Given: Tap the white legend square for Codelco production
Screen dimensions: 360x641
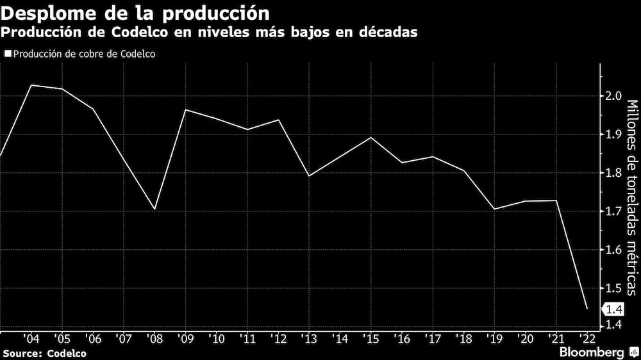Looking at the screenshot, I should tap(7, 54).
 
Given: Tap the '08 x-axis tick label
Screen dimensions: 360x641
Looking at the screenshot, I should tap(154, 338).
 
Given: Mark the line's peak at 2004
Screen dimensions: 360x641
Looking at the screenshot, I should tap(31, 85).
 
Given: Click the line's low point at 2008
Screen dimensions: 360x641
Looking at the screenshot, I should tap(154, 209).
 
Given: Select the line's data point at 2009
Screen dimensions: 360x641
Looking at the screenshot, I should tap(186, 110).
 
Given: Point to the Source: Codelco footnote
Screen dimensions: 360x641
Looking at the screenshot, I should tap(44, 353).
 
